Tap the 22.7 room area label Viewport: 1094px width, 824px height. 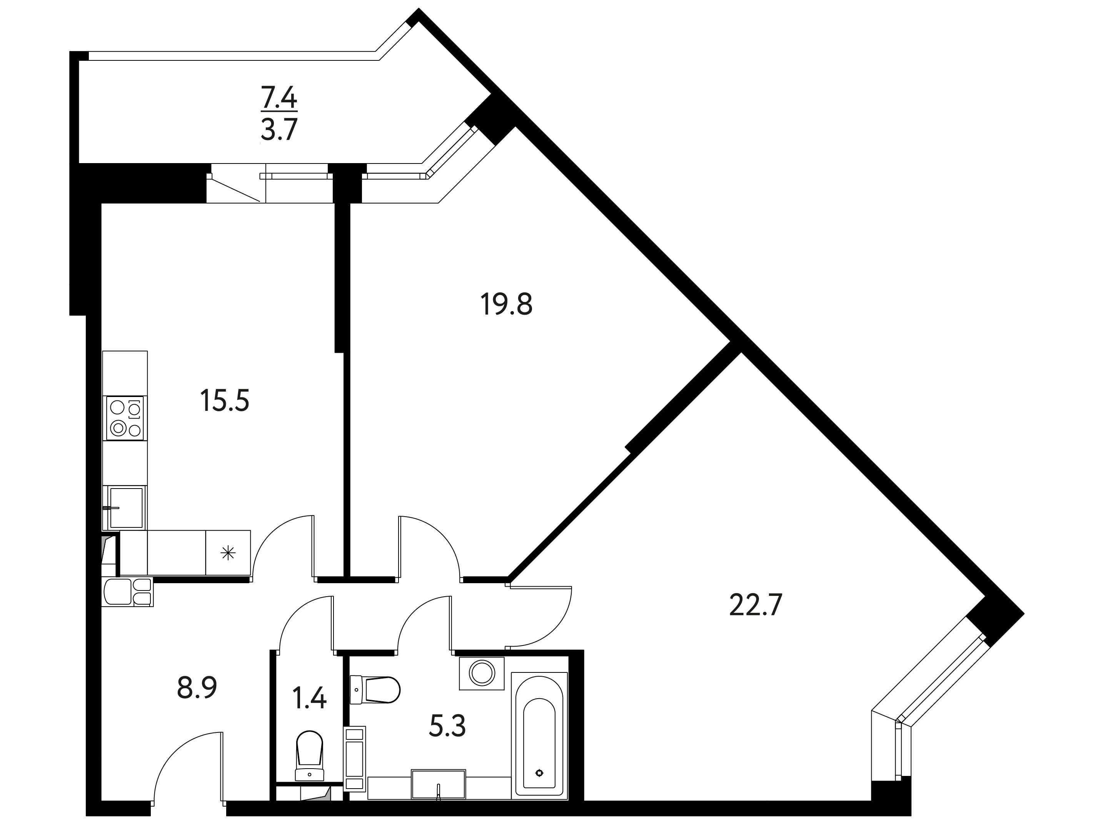(x=756, y=605)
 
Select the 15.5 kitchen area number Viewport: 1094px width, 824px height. (x=225, y=400)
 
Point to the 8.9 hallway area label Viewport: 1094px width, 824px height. (x=197, y=687)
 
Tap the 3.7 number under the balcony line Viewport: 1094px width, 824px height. (x=279, y=130)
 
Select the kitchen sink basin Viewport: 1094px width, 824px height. (x=126, y=507)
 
